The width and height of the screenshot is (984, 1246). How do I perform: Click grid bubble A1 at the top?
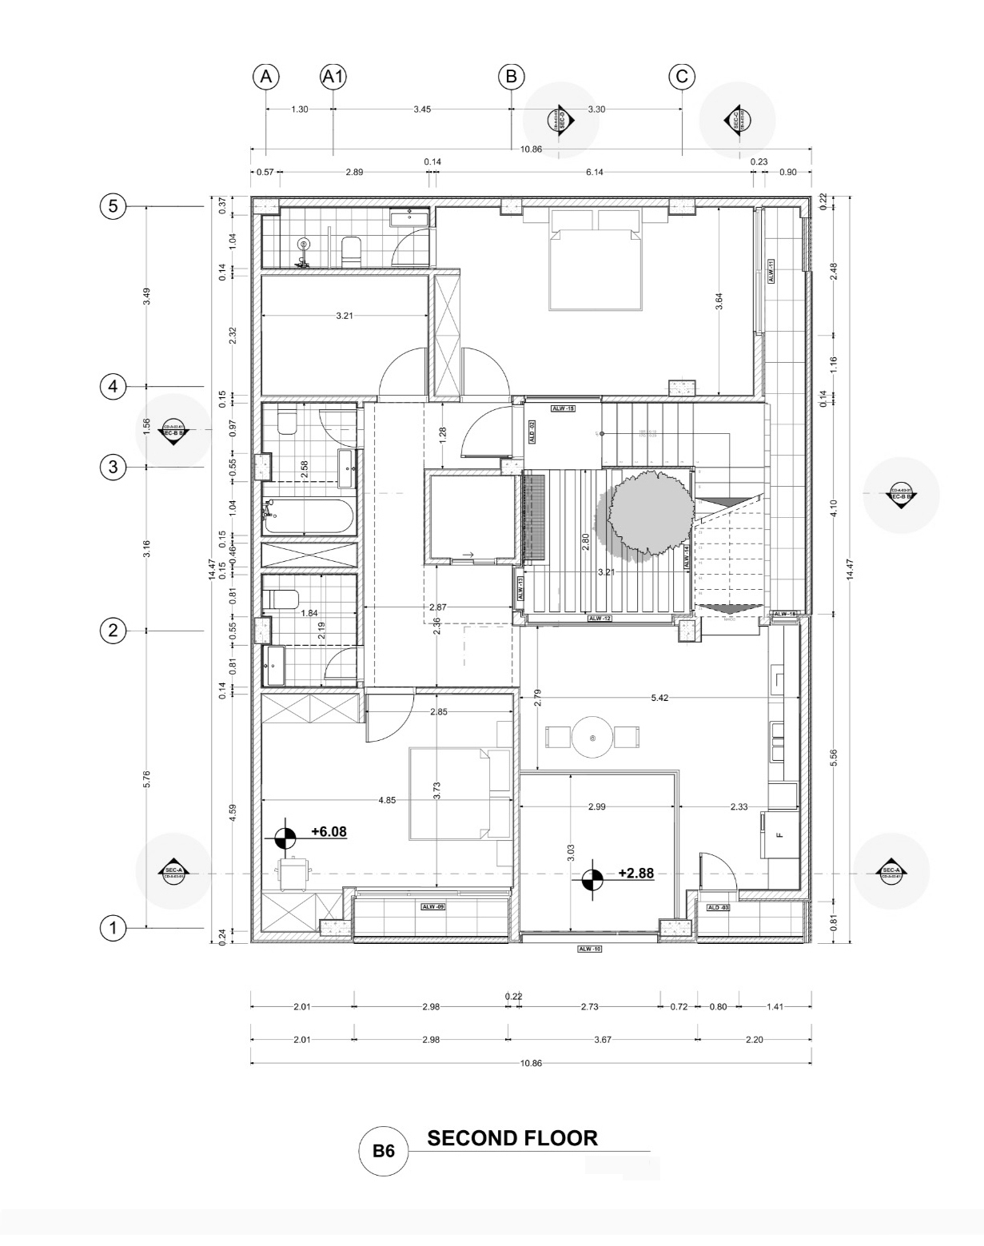[x=333, y=77]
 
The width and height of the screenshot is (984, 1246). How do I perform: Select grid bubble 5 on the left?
[x=113, y=206]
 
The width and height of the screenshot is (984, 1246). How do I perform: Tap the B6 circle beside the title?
[x=384, y=1152]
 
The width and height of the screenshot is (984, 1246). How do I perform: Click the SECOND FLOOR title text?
[x=512, y=1138]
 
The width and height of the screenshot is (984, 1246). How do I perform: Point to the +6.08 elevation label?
[x=329, y=831]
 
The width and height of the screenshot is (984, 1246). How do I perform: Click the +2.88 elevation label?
[x=635, y=873]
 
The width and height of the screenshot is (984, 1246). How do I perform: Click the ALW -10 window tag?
[x=589, y=949]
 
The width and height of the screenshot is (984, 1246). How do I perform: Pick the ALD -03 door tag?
[x=719, y=907]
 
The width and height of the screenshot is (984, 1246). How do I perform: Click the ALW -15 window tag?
[x=563, y=408]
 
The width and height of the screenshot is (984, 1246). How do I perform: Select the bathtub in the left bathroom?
[x=309, y=516]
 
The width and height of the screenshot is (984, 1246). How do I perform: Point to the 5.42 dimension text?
[x=659, y=698]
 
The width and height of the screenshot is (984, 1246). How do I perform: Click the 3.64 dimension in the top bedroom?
[x=719, y=301]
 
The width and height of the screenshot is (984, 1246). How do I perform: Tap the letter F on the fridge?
[x=779, y=835]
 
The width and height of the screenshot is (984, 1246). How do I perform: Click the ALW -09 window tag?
[x=433, y=906]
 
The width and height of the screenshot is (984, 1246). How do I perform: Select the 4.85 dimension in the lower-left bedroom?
[x=387, y=799]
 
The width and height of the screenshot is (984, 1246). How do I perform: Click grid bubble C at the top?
[x=682, y=77]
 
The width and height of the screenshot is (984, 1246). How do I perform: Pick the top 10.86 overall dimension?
[x=531, y=149]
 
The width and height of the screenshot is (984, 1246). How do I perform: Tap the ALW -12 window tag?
[x=600, y=619]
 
